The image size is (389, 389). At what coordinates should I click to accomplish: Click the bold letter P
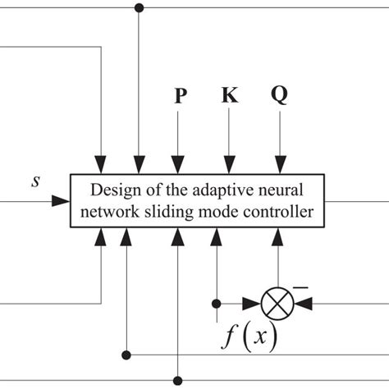[x=180, y=97]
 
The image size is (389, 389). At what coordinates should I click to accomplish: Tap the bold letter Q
[x=279, y=97]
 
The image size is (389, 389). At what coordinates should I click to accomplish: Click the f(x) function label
[x=250, y=337]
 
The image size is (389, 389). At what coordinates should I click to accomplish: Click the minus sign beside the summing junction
[x=300, y=286]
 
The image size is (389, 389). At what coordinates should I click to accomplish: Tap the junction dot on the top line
[x=139, y=8]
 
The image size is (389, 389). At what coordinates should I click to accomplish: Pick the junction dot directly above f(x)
[x=217, y=302]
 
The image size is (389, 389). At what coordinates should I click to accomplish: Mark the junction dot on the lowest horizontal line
[x=178, y=380]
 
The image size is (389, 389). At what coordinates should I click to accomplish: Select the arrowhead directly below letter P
[x=178, y=167]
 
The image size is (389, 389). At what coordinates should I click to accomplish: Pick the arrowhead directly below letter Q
[x=279, y=167]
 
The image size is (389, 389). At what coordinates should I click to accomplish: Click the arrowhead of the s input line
[x=62, y=200]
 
